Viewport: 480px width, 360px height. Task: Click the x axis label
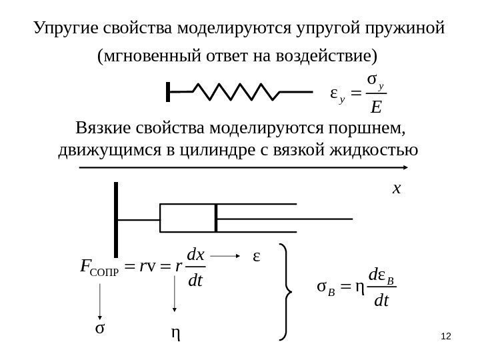click(x=397, y=189)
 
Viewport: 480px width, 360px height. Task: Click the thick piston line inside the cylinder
click(x=216, y=217)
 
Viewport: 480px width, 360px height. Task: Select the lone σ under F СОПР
click(x=100, y=329)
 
